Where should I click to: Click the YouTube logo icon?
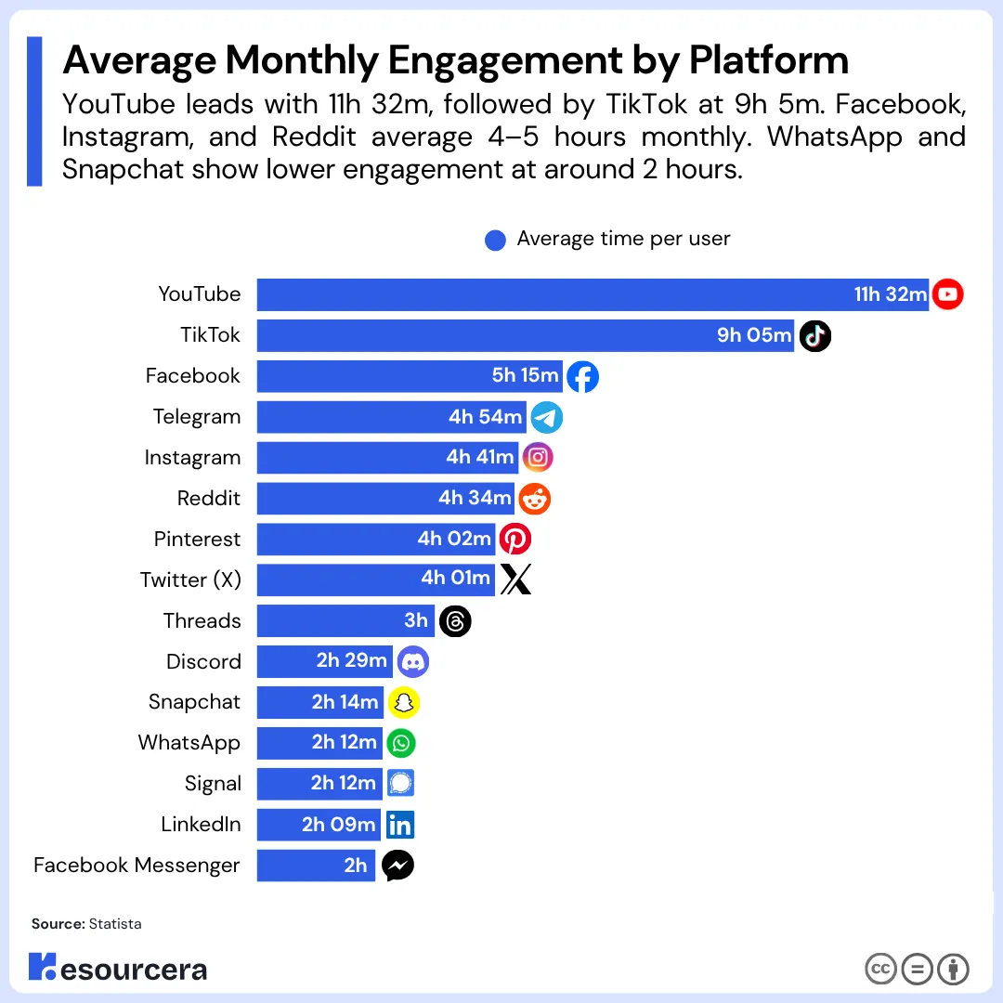click(947, 294)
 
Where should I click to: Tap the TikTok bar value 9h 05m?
click(754, 335)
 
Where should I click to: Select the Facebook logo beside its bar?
click(582, 376)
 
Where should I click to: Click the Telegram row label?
click(196, 417)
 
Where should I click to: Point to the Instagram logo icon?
click(538, 458)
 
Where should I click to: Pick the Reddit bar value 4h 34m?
click(475, 499)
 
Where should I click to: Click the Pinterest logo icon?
click(515, 540)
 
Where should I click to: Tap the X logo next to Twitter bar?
click(515, 580)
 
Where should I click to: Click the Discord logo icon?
click(412, 661)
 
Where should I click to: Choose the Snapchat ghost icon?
click(403, 703)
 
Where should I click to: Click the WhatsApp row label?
click(189, 743)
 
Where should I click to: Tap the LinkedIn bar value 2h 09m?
click(338, 825)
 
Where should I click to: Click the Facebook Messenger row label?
click(137, 866)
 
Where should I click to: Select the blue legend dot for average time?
click(495, 240)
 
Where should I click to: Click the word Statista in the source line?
click(115, 924)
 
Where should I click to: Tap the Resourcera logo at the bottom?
click(118, 969)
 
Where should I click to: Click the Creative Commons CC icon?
click(880, 970)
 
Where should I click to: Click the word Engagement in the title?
click(507, 61)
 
